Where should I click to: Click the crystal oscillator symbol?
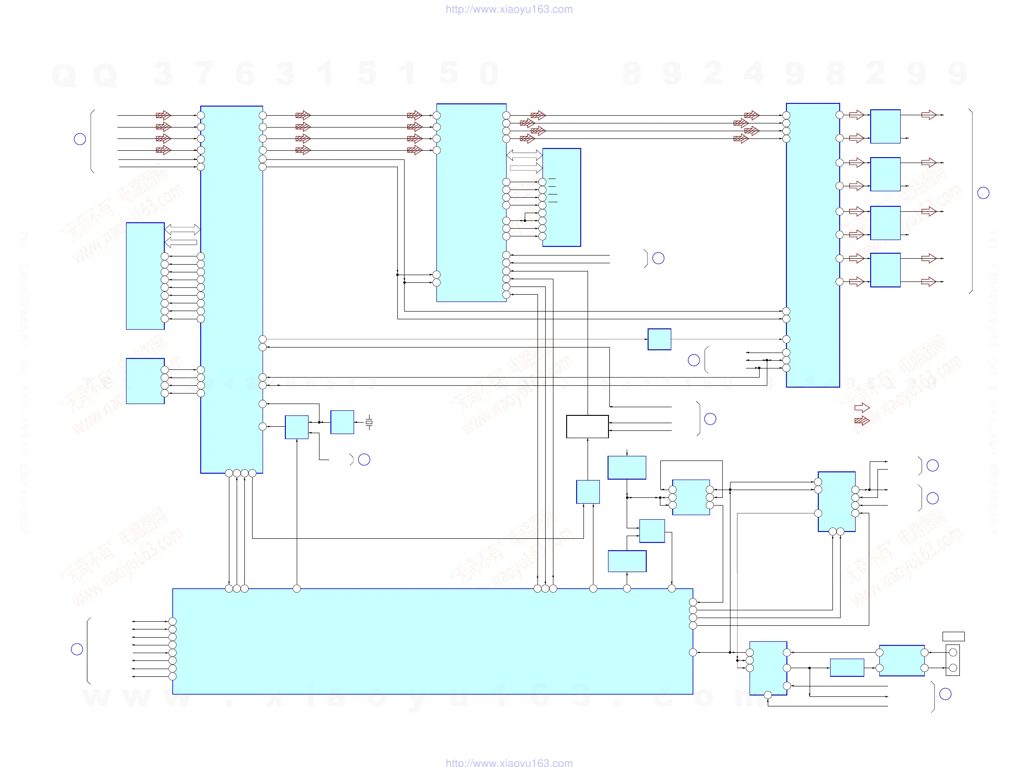[x=369, y=422]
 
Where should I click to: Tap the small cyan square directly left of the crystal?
[x=342, y=422]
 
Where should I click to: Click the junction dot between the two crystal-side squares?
[x=319, y=422]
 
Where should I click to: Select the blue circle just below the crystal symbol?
[x=364, y=460]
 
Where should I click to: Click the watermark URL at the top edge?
[x=509, y=9]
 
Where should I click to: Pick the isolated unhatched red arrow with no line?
[x=862, y=408]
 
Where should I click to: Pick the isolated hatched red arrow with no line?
[x=862, y=420]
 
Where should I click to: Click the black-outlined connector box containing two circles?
[x=953, y=660]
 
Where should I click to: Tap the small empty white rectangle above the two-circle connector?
[x=953, y=637]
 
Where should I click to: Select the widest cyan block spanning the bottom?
[x=432, y=641]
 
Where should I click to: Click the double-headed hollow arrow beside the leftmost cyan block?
[x=183, y=229]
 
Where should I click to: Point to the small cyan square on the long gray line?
[x=659, y=339]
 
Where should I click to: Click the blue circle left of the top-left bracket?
[x=80, y=139]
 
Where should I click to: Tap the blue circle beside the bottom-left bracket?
[x=77, y=649]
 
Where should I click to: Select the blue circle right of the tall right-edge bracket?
[x=983, y=193]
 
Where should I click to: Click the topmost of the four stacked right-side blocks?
[x=885, y=126]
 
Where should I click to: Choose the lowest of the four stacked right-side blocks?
[x=885, y=270]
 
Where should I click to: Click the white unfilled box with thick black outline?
[x=588, y=426]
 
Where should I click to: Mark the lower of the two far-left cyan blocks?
[x=145, y=381]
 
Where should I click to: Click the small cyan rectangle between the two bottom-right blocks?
[x=847, y=667]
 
